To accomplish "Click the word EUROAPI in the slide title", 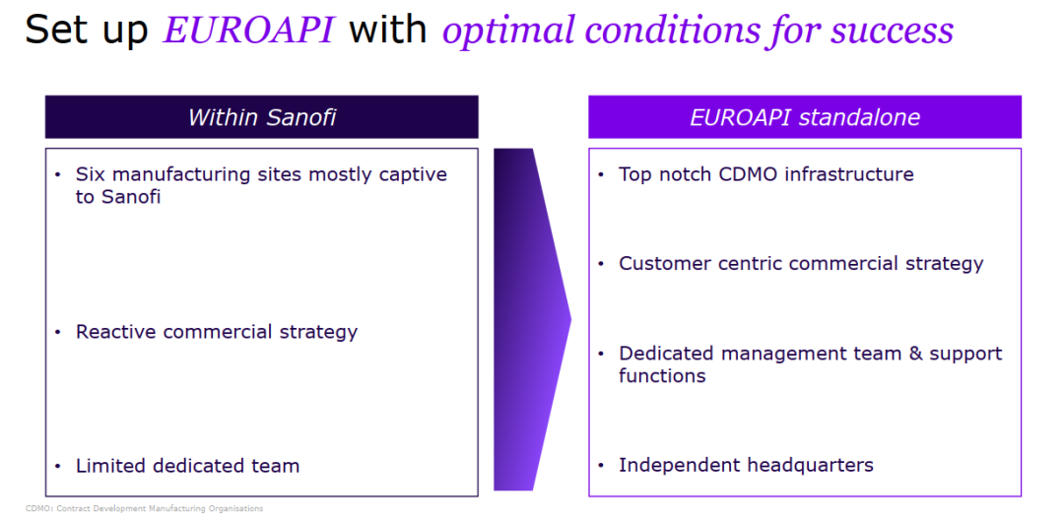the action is pos(248,31).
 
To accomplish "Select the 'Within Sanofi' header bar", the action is pos(261,117).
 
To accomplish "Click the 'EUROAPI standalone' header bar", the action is pos(805,117).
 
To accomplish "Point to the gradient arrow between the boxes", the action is pos(532,319).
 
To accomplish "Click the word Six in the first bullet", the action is pos(91,174).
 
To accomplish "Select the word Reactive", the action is pos(115,332).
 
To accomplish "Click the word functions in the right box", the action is pos(662,375).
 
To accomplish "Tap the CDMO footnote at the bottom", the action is pos(144,508).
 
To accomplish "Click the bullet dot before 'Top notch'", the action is pos(601,175).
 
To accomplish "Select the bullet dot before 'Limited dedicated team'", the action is pos(58,467).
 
